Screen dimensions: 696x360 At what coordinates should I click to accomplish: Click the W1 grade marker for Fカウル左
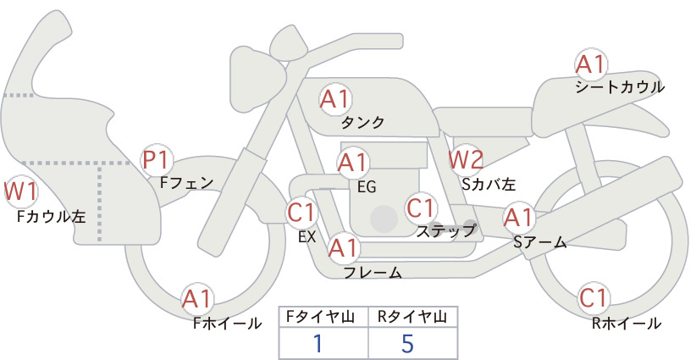point(20,192)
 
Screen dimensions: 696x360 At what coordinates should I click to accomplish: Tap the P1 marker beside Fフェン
point(157,161)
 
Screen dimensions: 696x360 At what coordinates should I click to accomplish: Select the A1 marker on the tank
point(335,99)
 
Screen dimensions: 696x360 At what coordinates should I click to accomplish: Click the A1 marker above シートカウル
point(591,65)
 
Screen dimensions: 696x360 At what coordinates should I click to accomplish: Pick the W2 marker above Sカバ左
point(466,160)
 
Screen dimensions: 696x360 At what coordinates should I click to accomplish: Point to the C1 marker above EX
point(301,212)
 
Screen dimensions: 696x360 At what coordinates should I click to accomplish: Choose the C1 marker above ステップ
point(421,208)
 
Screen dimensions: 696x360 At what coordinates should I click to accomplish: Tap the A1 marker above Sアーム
point(518,218)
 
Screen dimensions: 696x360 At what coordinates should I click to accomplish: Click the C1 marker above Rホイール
point(594,298)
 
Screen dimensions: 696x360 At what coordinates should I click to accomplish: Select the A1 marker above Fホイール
point(197,299)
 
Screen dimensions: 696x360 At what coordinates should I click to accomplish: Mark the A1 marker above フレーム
point(343,248)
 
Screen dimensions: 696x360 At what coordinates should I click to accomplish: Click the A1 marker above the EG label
point(353,163)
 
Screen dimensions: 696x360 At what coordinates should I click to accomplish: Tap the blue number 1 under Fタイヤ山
point(318,344)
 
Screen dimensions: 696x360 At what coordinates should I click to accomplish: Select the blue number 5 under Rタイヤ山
point(407,344)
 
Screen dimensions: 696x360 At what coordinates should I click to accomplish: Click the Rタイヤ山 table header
point(412,317)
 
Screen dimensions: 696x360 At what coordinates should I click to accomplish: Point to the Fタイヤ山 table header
point(320,317)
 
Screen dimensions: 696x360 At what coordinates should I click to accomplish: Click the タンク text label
point(362,122)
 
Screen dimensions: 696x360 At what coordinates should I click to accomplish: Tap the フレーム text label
point(373,272)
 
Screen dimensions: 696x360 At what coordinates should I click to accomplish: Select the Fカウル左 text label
point(51,216)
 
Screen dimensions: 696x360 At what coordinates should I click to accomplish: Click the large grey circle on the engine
point(384,219)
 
